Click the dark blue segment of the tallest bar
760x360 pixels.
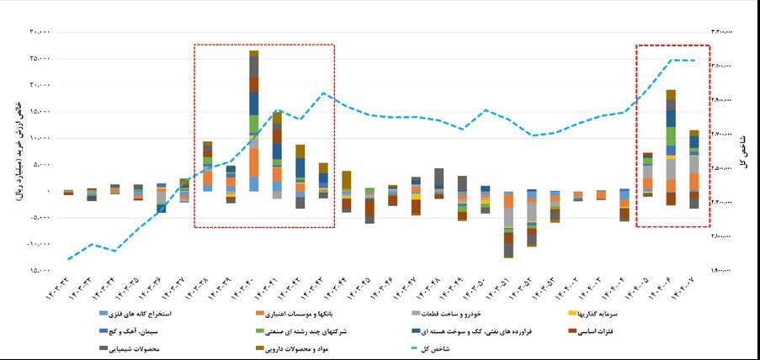tap(253, 103)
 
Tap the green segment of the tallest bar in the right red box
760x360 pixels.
tap(671, 135)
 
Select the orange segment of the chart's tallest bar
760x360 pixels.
tap(253, 161)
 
